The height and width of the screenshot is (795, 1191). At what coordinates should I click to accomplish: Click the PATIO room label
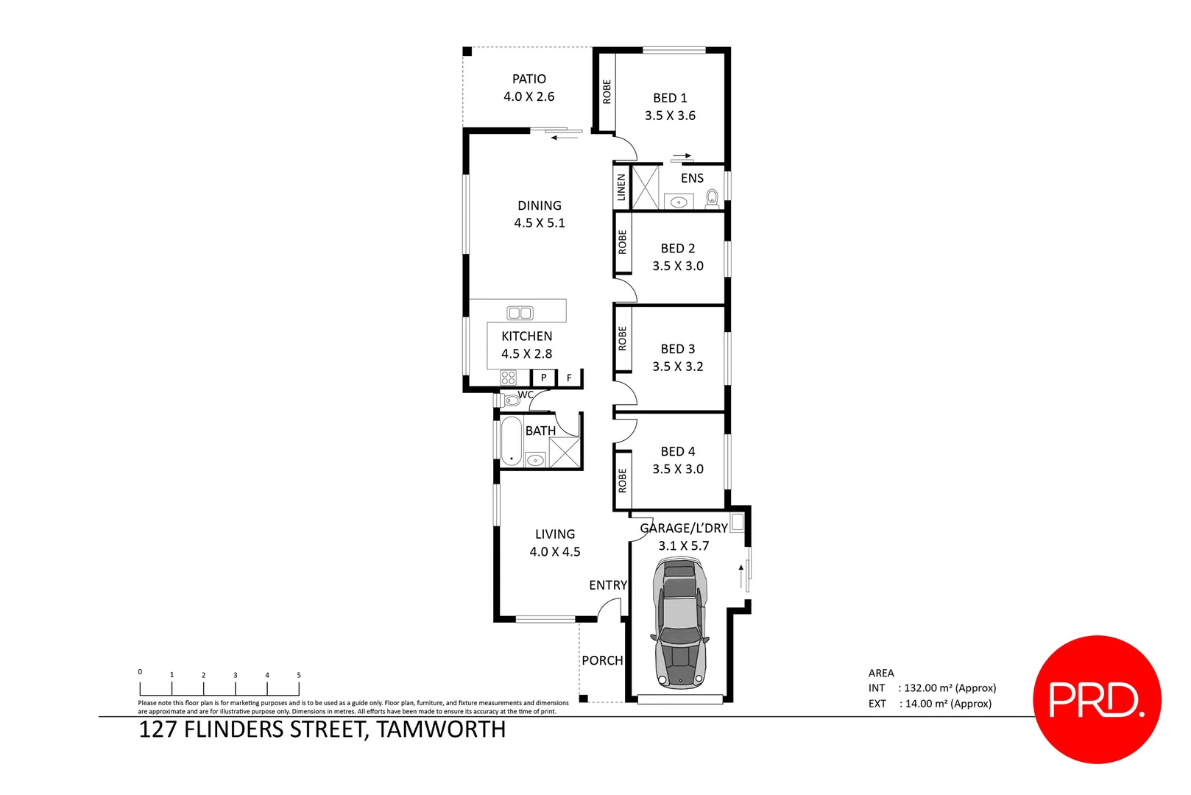click(x=529, y=79)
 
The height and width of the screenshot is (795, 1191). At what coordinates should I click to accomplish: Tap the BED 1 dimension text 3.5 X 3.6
click(x=670, y=116)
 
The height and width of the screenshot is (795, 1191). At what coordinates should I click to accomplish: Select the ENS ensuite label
click(x=692, y=178)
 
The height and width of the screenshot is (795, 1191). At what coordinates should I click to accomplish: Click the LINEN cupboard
click(x=622, y=187)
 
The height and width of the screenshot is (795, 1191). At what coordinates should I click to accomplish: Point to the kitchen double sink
click(x=520, y=313)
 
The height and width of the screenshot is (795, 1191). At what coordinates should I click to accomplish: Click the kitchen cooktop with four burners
click(x=509, y=378)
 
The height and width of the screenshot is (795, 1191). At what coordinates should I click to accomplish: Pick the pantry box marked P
click(x=543, y=378)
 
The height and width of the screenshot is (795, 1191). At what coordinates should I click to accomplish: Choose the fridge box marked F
click(x=569, y=378)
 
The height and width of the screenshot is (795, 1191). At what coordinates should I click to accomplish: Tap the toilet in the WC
click(x=511, y=400)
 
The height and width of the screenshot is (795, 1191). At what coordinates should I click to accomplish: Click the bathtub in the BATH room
click(x=511, y=440)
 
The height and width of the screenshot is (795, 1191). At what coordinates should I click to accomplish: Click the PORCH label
click(x=602, y=660)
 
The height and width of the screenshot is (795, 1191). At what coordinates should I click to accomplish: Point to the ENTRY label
click(x=608, y=585)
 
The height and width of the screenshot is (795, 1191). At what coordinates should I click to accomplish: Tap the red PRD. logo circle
click(x=1097, y=699)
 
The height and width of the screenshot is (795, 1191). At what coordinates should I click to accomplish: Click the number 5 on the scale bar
click(x=299, y=675)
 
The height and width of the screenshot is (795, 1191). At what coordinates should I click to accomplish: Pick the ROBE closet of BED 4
click(x=623, y=480)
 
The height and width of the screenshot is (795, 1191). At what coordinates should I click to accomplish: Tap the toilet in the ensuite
click(x=712, y=198)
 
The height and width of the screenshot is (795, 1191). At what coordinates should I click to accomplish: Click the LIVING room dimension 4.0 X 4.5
click(x=555, y=551)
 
